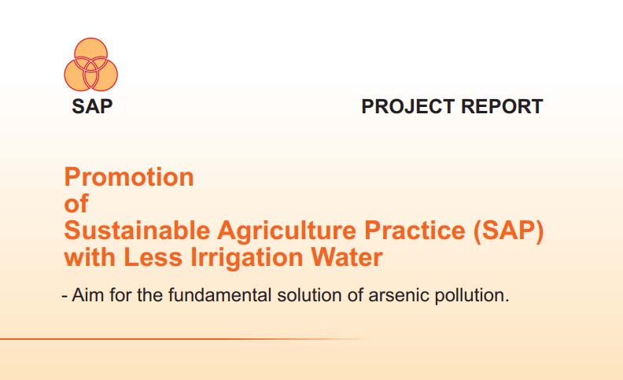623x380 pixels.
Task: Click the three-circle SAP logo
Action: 91,65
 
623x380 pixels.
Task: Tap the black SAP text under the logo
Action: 92,106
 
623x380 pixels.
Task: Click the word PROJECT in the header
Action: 408,106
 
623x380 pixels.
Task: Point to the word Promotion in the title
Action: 129,177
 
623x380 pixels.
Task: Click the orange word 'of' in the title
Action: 76,204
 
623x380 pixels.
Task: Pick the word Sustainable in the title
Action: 137,231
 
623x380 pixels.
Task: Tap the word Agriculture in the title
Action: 286,231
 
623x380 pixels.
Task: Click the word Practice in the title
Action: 415,231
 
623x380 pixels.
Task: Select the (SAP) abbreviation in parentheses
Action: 508,231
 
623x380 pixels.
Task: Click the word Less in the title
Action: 153,257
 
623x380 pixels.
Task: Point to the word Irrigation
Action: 247,258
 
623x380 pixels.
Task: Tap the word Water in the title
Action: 346,257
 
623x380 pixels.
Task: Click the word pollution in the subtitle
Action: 472,296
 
